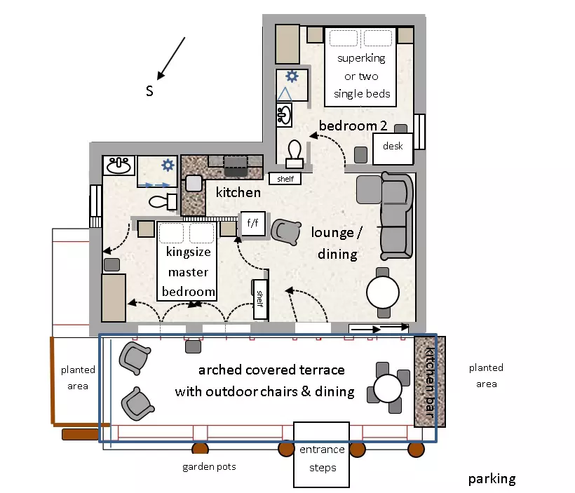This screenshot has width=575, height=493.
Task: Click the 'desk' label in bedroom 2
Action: pyautogui.click(x=393, y=146)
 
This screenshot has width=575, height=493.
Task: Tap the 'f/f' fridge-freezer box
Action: pyautogui.click(x=252, y=224)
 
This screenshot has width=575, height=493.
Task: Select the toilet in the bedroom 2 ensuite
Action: pyautogui.click(x=295, y=154)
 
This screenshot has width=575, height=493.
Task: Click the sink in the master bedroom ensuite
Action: pyautogui.click(x=118, y=165)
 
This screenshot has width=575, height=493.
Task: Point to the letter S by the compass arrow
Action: pyautogui.click(x=149, y=91)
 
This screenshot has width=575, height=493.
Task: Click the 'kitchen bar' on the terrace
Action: pyautogui.click(x=429, y=381)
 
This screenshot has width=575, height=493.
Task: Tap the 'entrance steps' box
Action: pyautogui.click(x=322, y=455)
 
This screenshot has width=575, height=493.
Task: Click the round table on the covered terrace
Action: pyautogui.click(x=388, y=388)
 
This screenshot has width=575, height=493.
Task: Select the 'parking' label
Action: pyautogui.click(x=492, y=479)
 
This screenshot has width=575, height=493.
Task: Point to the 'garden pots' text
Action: pyautogui.click(x=209, y=467)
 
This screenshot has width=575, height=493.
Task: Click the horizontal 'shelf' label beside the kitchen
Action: pyautogui.click(x=285, y=179)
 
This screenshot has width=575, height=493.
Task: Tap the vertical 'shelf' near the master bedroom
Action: pyautogui.click(x=260, y=299)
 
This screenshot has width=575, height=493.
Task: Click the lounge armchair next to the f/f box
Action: pyautogui.click(x=286, y=232)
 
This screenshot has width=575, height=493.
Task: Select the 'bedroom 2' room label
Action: pyautogui.click(x=353, y=126)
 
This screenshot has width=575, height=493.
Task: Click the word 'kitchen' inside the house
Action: pyautogui.click(x=238, y=192)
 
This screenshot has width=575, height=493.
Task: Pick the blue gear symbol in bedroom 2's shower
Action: pyautogui.click(x=292, y=76)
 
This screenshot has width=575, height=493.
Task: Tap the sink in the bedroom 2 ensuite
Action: pyautogui.click(x=284, y=115)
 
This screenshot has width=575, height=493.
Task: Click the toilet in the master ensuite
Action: pyautogui.click(x=163, y=201)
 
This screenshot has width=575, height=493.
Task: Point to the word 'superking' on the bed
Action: pyautogui.click(x=361, y=58)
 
